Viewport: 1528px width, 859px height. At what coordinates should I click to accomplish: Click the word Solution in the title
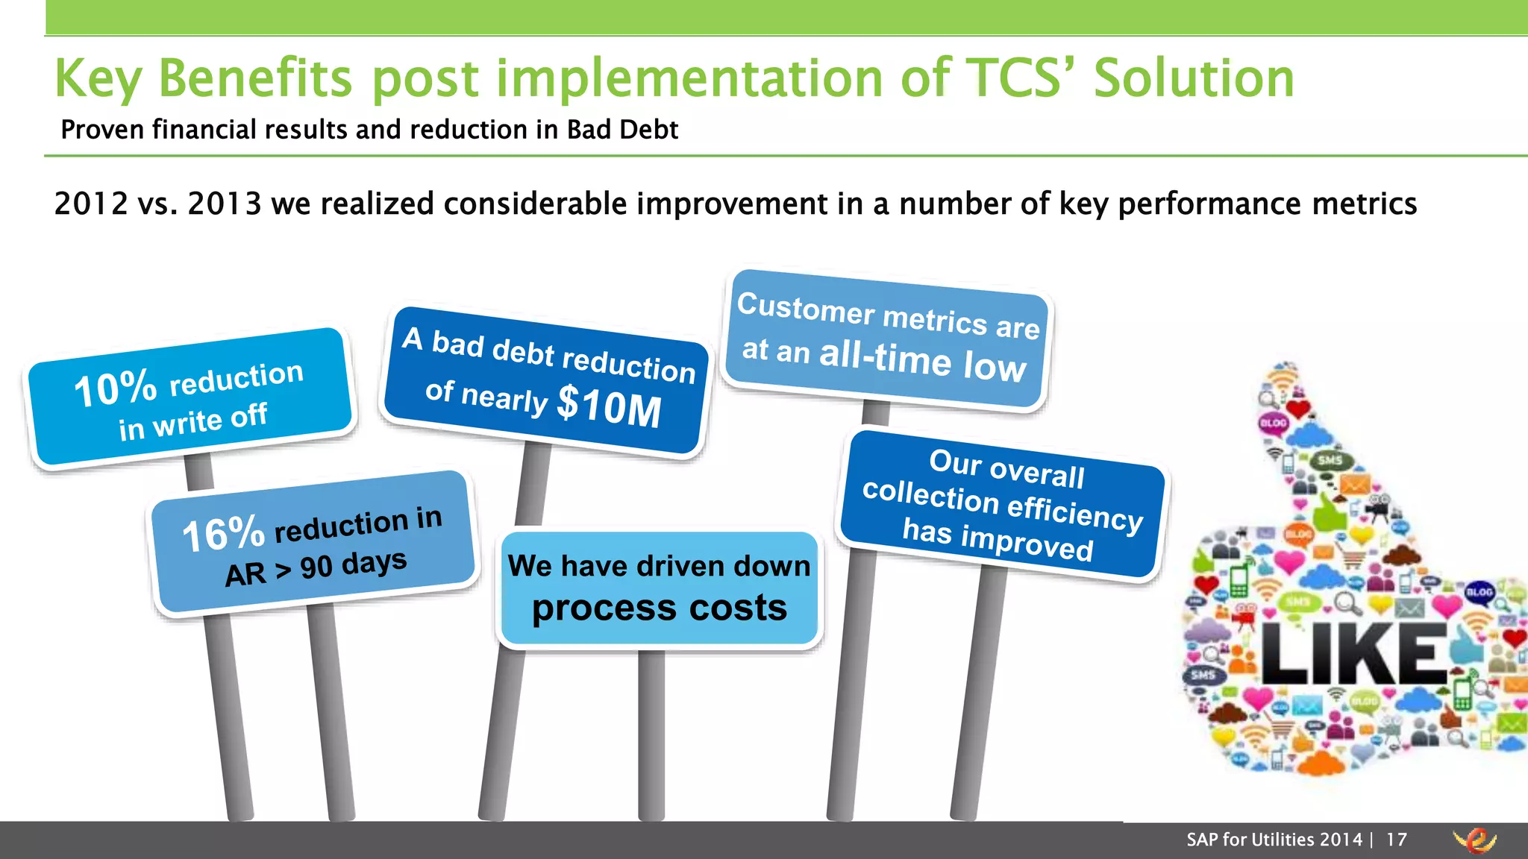tap(1194, 78)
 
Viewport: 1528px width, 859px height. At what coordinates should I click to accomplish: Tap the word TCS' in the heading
tap(1018, 78)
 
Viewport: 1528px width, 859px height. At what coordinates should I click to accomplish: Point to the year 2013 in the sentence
tap(225, 204)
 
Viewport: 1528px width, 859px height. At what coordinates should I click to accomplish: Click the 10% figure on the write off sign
tap(116, 388)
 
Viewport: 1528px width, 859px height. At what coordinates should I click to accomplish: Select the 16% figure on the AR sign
tap(223, 534)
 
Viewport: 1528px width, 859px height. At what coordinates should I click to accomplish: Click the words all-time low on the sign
tap(922, 361)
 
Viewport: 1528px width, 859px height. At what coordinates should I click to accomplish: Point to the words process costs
tap(659, 608)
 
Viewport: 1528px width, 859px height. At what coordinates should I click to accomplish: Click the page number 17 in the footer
tap(1397, 840)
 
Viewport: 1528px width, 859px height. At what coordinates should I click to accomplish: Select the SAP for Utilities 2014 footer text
tap(1274, 840)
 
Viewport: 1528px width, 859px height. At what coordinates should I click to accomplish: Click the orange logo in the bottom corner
tap(1476, 840)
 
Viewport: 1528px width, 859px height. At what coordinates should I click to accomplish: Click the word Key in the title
tap(98, 78)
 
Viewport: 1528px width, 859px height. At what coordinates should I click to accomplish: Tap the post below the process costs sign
tap(651, 734)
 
